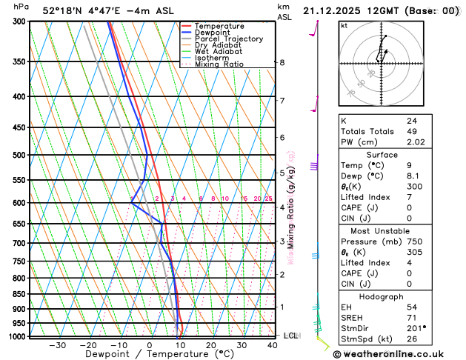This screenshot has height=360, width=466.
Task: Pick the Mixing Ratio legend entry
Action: point(219,64)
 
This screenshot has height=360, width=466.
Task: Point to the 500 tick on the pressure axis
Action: point(19,155)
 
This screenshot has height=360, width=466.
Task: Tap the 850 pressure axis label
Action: point(19,294)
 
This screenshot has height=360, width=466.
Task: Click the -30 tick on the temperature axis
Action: point(57,345)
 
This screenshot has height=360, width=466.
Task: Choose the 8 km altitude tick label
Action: point(282,62)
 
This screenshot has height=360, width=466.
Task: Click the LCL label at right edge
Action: point(290,336)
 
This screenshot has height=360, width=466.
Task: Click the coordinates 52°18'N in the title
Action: point(63,11)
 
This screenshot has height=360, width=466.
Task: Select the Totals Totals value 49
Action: point(411,131)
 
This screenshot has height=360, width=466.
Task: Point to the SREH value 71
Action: point(411,318)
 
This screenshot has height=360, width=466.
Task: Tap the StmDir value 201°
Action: point(416,328)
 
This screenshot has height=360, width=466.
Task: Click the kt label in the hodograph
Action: point(344,26)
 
